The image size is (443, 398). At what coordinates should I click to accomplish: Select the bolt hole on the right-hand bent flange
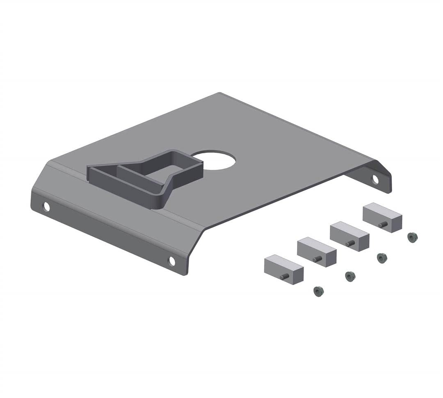tap(375, 179)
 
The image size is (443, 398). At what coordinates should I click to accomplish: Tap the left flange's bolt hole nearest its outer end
tap(46, 207)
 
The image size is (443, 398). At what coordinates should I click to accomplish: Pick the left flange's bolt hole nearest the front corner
tap(172, 261)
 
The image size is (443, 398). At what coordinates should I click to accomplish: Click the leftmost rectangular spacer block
tap(284, 268)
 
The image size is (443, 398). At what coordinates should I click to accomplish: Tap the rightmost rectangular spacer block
tap(382, 217)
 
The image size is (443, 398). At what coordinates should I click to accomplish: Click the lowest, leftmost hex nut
tap(318, 291)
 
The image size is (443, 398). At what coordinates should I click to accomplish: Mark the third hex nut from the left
tap(382, 258)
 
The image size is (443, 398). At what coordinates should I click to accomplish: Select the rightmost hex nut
tap(412, 237)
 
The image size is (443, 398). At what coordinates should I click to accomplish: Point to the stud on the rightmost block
tap(383, 225)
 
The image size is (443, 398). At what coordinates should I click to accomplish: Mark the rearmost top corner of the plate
tap(220, 93)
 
